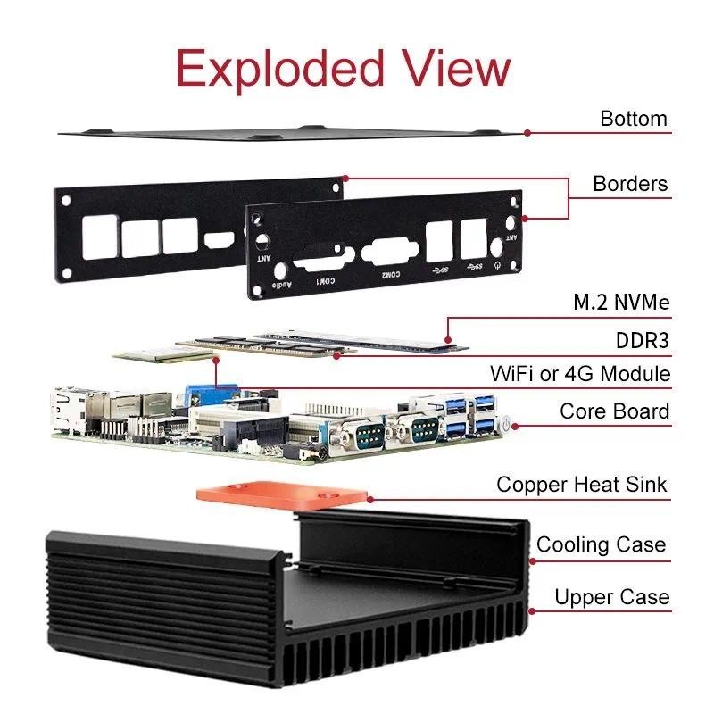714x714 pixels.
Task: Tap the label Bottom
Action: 633,119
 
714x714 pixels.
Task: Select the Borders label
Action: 630,184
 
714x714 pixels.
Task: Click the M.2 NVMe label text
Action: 621,303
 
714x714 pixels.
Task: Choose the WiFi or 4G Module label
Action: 580,373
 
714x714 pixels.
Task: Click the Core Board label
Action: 614,411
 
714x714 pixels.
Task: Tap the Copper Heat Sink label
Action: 581,485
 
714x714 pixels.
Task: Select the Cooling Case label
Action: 601,544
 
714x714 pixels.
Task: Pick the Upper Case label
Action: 611,596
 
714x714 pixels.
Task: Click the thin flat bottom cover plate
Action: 295,131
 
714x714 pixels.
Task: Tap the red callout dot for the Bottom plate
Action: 527,132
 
